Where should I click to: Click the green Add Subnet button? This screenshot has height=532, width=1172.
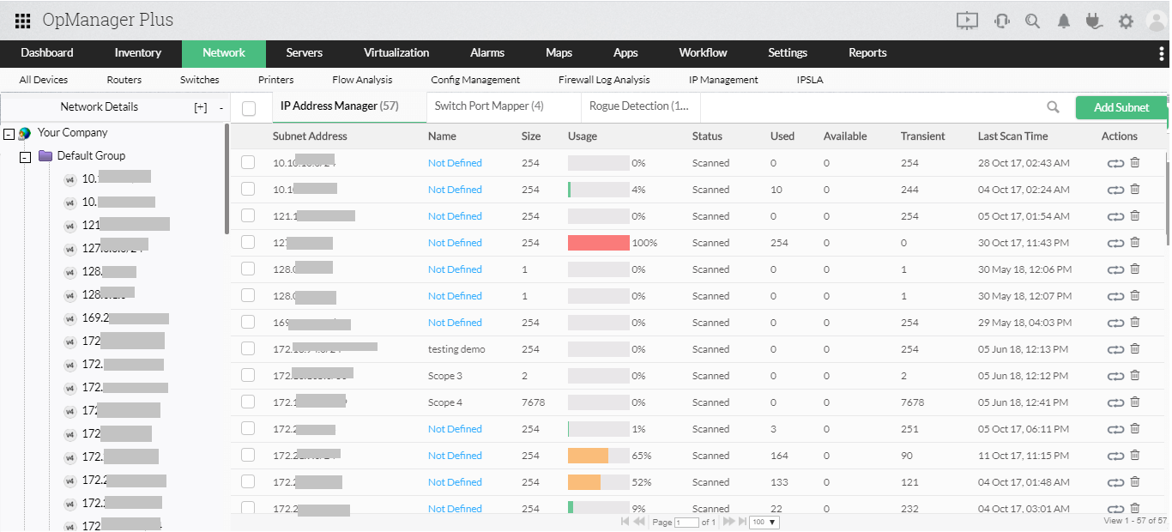click(1121, 107)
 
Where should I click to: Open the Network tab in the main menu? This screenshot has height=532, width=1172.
click(224, 53)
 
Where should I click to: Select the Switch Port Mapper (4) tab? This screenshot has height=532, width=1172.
click(489, 106)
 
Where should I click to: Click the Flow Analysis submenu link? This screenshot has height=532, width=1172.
click(362, 80)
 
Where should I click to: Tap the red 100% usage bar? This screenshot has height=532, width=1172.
click(598, 243)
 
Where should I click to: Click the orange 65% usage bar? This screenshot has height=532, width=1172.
click(589, 456)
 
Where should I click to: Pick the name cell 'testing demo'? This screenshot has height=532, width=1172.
click(456, 349)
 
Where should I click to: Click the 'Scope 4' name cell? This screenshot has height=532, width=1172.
click(445, 402)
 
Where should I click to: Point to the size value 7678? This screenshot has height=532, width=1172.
click(534, 402)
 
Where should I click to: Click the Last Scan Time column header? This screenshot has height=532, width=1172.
click(1012, 136)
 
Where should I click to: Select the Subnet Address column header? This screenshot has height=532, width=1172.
click(310, 136)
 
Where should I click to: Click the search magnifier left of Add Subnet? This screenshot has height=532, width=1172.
click(1053, 107)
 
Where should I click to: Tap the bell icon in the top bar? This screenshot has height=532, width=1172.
click(1064, 21)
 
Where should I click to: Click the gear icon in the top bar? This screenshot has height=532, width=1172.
click(1126, 21)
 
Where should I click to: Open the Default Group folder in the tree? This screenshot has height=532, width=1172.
click(91, 156)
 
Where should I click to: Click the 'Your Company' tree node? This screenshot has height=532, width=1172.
click(73, 133)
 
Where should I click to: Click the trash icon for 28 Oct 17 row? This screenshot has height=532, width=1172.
click(1135, 163)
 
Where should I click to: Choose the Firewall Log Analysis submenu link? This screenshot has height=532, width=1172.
click(604, 80)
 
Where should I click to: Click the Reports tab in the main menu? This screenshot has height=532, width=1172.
click(867, 53)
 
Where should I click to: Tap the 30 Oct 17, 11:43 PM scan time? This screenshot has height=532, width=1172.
click(1024, 243)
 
